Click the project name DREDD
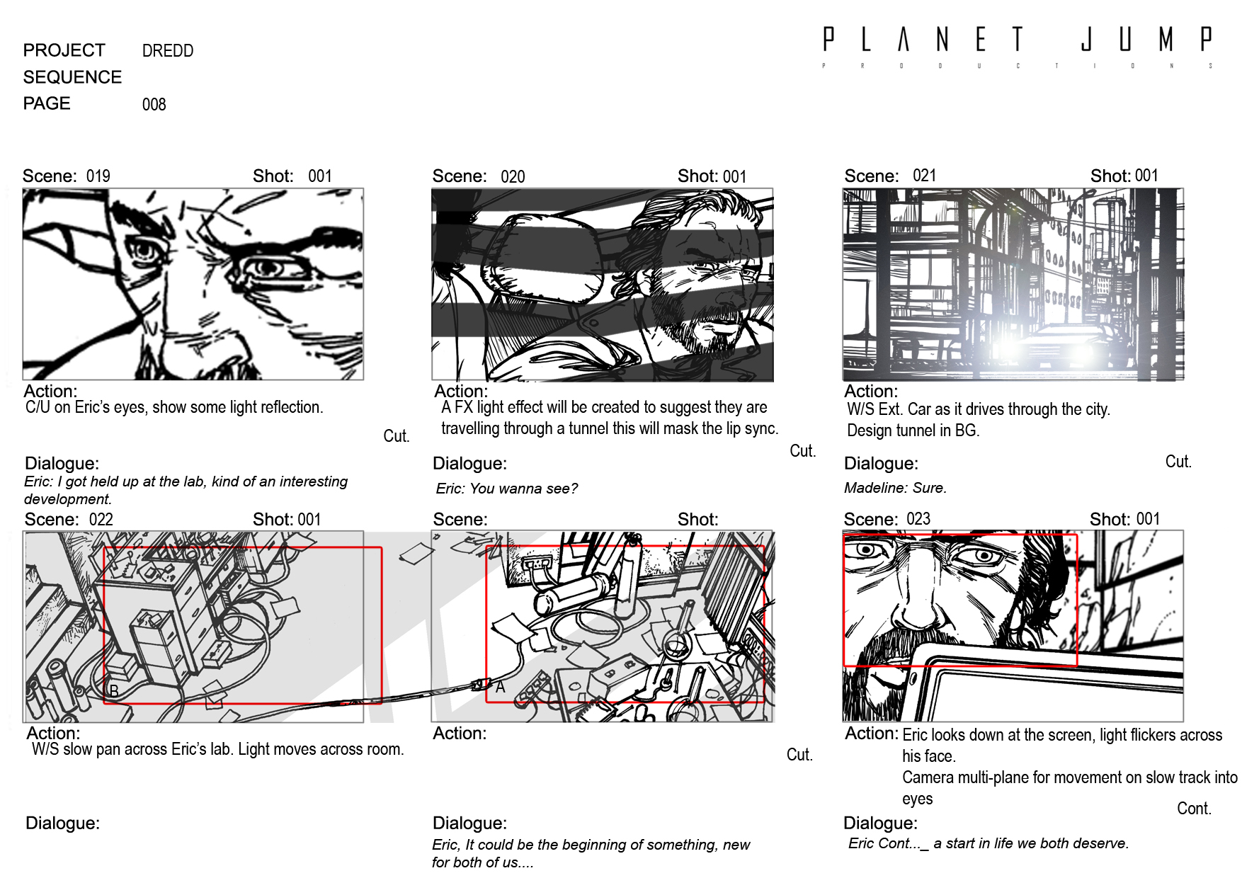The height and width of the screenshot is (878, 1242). tap(168, 51)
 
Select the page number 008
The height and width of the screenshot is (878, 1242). tap(154, 105)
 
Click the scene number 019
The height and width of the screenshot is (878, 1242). tap(98, 176)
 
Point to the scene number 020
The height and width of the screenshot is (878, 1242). tap(513, 176)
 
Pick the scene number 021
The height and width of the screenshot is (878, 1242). tap(924, 175)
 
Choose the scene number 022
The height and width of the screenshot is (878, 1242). tap(101, 519)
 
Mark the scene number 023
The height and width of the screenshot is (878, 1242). tap(918, 518)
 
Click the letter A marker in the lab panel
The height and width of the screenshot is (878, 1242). tap(500, 687)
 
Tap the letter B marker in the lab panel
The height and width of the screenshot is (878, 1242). tap(113, 690)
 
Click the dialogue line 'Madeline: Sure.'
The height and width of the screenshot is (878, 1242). tap(895, 488)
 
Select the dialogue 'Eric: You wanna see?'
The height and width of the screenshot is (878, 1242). tap(507, 489)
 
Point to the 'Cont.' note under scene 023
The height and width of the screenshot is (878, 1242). tap(1194, 809)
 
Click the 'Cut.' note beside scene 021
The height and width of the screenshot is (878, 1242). tap(1178, 462)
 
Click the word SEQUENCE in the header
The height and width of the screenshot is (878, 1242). tap(72, 77)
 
